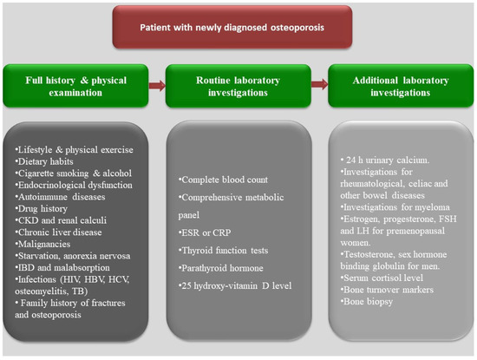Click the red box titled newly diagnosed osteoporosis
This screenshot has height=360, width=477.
point(232,27)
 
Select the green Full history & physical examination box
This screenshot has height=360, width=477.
point(75,86)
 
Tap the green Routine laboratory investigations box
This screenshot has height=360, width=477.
point(238,86)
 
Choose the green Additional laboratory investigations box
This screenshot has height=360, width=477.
point(401,86)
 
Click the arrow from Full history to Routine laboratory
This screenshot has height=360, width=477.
point(157,86)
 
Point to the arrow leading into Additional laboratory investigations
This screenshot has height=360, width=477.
point(319,84)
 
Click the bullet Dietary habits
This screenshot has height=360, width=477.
point(44,161)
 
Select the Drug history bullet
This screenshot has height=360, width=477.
point(42,208)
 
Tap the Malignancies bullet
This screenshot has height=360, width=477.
point(42,244)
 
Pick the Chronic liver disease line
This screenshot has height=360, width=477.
point(58,232)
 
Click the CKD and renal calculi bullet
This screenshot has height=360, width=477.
point(61,220)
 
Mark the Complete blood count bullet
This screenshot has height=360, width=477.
point(223,180)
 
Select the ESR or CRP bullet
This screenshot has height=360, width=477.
point(205,232)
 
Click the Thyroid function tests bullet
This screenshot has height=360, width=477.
point(223,250)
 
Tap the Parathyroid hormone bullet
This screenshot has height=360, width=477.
point(221,268)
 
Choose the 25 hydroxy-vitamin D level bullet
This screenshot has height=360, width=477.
point(235,285)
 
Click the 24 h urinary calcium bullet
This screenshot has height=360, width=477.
point(385,160)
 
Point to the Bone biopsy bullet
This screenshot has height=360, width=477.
point(367,301)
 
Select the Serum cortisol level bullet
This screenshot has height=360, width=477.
point(382,278)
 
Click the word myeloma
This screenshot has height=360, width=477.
point(432,207)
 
